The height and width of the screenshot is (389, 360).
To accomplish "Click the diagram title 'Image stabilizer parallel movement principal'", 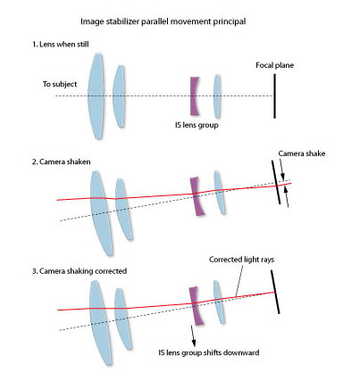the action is pos(163,21).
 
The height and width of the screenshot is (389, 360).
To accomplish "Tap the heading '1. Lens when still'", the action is pos(61,45).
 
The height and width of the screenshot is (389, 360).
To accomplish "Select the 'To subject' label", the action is pos(60,84).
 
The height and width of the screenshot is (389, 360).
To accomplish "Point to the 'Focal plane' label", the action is pos(274,65).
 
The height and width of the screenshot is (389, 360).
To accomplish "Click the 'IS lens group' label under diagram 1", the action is pos(197,125).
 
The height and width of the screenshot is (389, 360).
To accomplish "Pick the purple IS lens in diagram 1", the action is pos(194,96).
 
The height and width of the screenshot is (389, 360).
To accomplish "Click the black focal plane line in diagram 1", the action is pos(274,96).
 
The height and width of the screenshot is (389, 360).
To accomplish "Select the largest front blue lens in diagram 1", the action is pos(96,96).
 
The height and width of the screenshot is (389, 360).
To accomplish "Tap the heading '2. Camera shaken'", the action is pos(61,161).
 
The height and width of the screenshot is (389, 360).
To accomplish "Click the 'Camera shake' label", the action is pos(302,153).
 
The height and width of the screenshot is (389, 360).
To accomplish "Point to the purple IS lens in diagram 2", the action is pos(197,196).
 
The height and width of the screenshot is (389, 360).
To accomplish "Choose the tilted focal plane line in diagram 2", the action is pos(276,182).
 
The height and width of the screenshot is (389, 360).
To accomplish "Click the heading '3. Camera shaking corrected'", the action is pos(80,271).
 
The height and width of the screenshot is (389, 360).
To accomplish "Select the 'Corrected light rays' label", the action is pos(241,260).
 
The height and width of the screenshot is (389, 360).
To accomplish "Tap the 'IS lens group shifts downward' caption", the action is pos(209,352).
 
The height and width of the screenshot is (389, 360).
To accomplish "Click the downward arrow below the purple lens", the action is pos(193,335).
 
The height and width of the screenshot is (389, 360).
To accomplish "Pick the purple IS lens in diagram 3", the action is pos(196,306).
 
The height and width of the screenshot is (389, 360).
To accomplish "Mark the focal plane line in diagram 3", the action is pos(275,292).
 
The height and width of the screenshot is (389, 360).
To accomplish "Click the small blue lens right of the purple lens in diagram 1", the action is pos(217,96).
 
